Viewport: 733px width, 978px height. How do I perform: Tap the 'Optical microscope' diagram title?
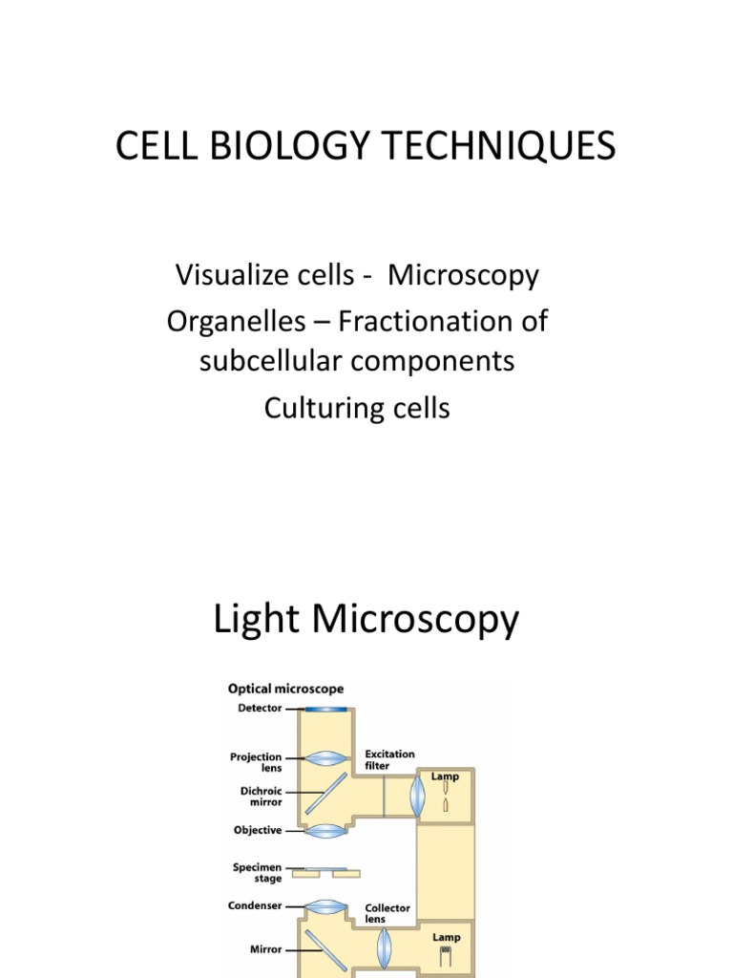[x=285, y=689]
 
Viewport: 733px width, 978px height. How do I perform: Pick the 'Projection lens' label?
[x=257, y=762]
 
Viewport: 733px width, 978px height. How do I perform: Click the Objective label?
[x=258, y=831]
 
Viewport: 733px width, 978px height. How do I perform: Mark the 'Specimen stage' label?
[x=257, y=872]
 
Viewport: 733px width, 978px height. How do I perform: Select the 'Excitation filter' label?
[x=389, y=760]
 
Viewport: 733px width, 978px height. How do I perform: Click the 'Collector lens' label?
[x=387, y=913]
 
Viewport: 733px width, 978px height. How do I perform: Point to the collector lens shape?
[x=384, y=946]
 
